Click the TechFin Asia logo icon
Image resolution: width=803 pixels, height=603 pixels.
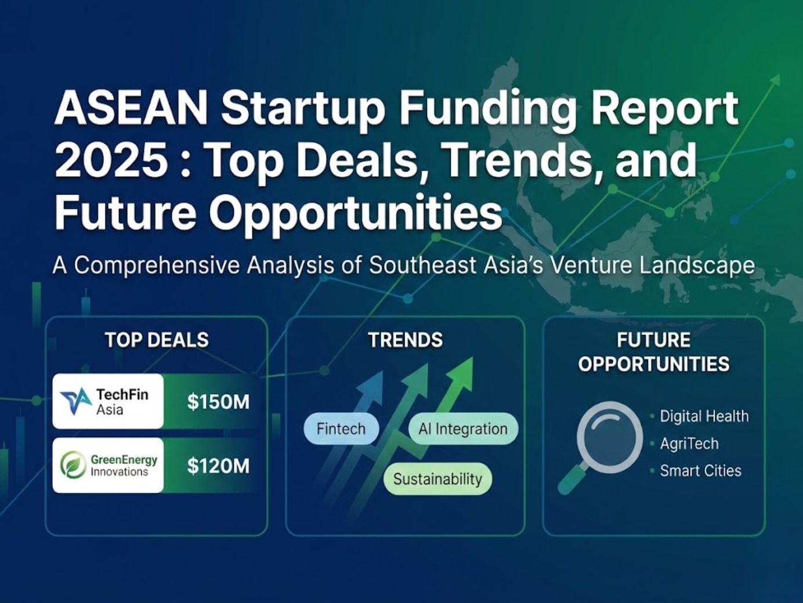(x=76, y=401)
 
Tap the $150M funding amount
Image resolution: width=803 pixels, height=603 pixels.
(x=218, y=402)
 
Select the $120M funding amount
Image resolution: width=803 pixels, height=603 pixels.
(x=218, y=466)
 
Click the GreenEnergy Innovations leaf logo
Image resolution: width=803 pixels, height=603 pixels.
(x=74, y=466)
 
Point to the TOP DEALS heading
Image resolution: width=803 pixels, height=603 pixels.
(x=157, y=340)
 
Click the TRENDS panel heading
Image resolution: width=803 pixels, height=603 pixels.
(x=405, y=340)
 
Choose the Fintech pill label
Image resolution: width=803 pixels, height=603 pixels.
(x=341, y=429)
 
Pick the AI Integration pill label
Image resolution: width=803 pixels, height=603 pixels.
(x=463, y=429)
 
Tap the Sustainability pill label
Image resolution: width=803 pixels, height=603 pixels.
(x=437, y=479)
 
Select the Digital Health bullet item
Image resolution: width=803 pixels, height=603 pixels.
(x=704, y=416)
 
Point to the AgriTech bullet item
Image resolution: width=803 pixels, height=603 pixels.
(x=689, y=444)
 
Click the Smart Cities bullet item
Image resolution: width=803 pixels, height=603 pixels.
(x=700, y=470)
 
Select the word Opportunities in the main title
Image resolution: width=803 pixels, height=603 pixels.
(x=355, y=213)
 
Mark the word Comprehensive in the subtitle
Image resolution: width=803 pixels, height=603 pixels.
(x=157, y=266)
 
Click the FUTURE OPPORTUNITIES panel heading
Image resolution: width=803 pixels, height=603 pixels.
(x=654, y=351)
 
